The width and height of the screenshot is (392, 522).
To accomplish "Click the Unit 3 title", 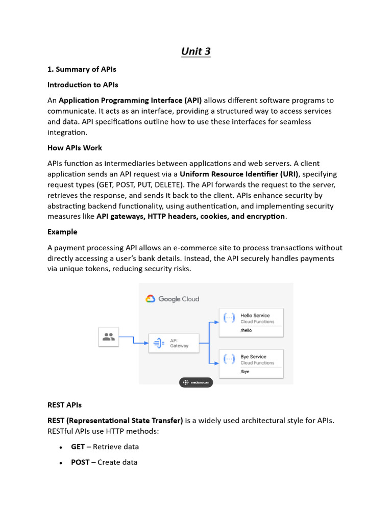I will [196, 51].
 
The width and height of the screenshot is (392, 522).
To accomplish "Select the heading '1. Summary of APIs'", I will [82, 69].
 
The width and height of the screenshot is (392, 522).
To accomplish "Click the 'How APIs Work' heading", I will [75, 148].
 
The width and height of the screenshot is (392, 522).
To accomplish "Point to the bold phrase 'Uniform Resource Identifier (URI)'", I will [239, 174].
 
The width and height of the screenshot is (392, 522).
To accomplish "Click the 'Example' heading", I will [62, 231].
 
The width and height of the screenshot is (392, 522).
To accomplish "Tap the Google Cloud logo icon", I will [150, 299].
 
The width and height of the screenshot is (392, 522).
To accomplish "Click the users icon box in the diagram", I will [108, 337].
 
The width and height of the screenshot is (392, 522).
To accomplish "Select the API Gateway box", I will [173, 343].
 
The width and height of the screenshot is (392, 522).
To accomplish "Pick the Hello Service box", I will [251, 322].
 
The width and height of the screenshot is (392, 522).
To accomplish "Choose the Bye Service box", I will [251, 363].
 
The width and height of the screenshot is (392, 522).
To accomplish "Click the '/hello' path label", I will [246, 330].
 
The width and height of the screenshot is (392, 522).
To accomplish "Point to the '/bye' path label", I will [245, 372].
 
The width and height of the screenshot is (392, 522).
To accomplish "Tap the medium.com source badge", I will [196, 383].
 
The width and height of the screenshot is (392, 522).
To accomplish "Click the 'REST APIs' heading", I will [64, 405].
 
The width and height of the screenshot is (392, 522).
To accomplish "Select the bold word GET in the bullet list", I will [78, 447].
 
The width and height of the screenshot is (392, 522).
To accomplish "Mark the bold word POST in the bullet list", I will [80, 462].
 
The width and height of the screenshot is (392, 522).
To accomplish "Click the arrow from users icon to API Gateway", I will [134, 341].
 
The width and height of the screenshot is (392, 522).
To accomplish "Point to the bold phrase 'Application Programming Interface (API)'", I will [130, 100].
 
